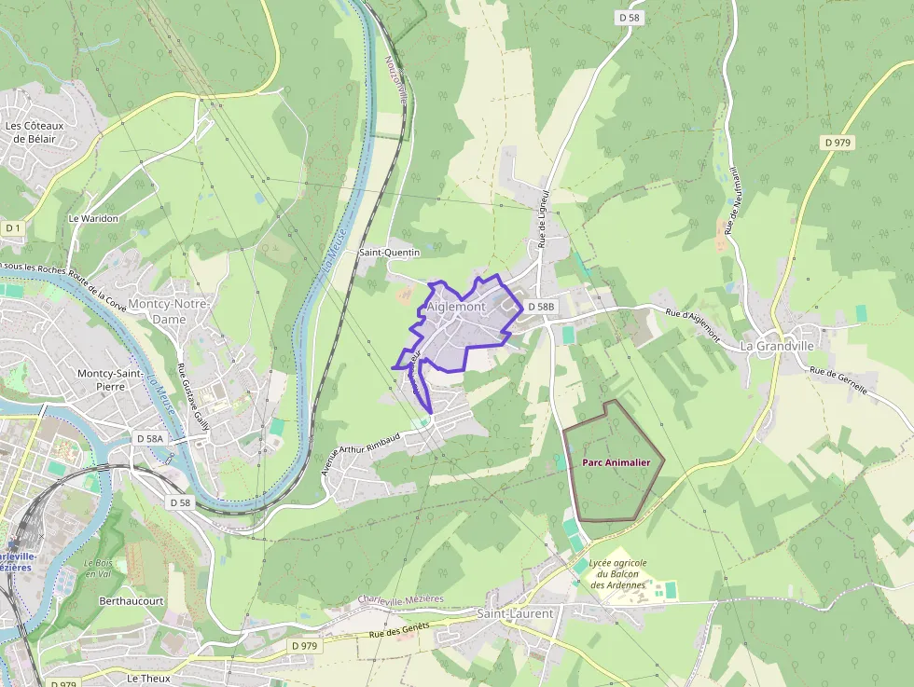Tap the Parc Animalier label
[x=616, y=461]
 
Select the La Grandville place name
[x=777, y=346]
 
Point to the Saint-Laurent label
[x=515, y=613]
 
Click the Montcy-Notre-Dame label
[x=170, y=311]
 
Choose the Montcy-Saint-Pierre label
[x=116, y=379]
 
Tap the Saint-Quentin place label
[x=390, y=253]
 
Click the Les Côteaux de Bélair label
[x=31, y=132]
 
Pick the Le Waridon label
[x=93, y=218]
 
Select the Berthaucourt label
[x=132, y=601]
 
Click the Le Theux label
[x=147, y=678]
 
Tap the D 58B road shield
[x=541, y=307]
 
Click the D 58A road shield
[x=149, y=438]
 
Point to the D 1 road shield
[x=13, y=228]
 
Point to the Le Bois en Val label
[x=98, y=569]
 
